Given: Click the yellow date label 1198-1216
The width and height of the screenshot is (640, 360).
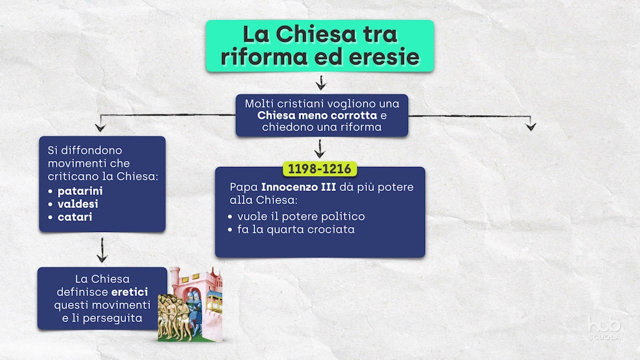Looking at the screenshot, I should pyautogui.click(x=319, y=169).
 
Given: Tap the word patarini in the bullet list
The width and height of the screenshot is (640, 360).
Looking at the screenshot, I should pyautogui.click(x=80, y=191).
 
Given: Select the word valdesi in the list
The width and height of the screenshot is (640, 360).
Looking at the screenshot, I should pyautogui.click(x=77, y=204).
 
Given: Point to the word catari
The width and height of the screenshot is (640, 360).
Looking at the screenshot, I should pyautogui.click(x=75, y=217).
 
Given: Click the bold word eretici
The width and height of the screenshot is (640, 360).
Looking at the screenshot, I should pyautogui.click(x=129, y=292).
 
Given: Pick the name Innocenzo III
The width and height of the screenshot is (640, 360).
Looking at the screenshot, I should pyautogui.click(x=298, y=187).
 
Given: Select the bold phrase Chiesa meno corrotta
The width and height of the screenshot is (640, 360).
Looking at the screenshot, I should pyautogui.click(x=317, y=115).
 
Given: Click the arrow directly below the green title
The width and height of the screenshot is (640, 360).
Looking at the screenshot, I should pyautogui.click(x=320, y=82).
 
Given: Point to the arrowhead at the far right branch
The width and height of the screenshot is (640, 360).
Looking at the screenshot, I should pyautogui.click(x=530, y=126).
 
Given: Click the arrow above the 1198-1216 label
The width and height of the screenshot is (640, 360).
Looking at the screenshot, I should pyautogui.click(x=319, y=149).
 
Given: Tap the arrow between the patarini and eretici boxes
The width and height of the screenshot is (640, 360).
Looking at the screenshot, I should pyautogui.click(x=102, y=250).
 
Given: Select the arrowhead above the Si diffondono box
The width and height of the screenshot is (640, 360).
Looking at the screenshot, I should pyautogui.click(x=100, y=126).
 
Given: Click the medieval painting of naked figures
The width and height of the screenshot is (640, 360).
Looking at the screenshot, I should pyautogui.click(x=190, y=305).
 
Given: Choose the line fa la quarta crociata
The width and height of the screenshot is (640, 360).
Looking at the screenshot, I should pyautogui.click(x=295, y=229).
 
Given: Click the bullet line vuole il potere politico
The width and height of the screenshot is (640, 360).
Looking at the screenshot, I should pyautogui.click(x=300, y=216).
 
